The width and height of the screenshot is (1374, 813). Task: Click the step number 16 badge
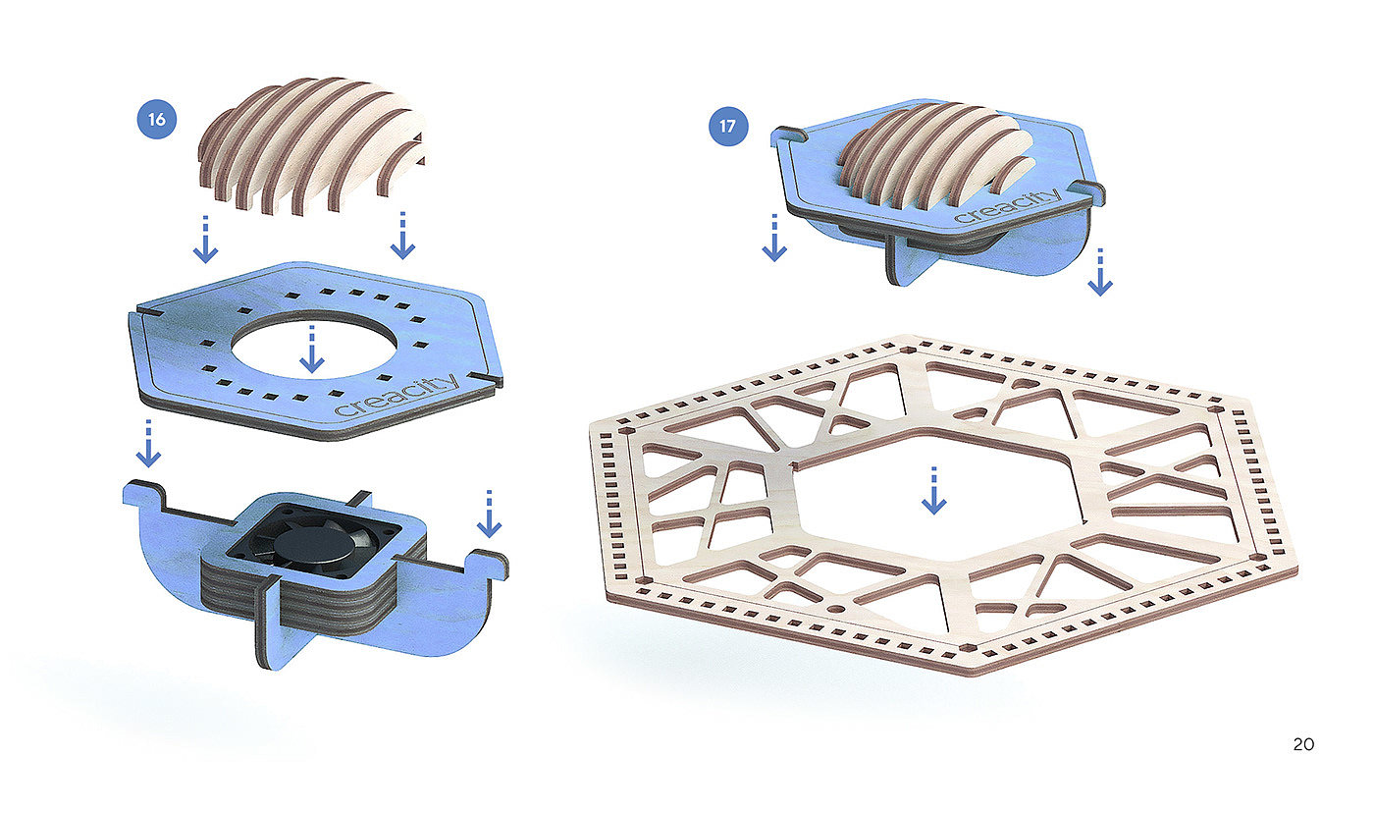click(x=156, y=119)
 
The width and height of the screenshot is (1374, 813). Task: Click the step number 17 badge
click(x=727, y=126)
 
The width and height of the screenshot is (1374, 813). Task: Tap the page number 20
click(x=1303, y=744)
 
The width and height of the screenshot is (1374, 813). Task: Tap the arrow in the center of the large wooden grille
click(x=933, y=490)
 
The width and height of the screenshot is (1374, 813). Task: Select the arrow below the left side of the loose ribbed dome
click(x=205, y=238)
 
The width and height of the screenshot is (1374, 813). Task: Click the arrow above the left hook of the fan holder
click(x=148, y=443)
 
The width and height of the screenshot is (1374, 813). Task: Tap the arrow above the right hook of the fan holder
click(x=489, y=513)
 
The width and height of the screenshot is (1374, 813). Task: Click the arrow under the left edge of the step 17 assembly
click(x=774, y=238)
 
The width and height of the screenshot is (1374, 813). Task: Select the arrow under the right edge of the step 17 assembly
click(x=1100, y=272)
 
